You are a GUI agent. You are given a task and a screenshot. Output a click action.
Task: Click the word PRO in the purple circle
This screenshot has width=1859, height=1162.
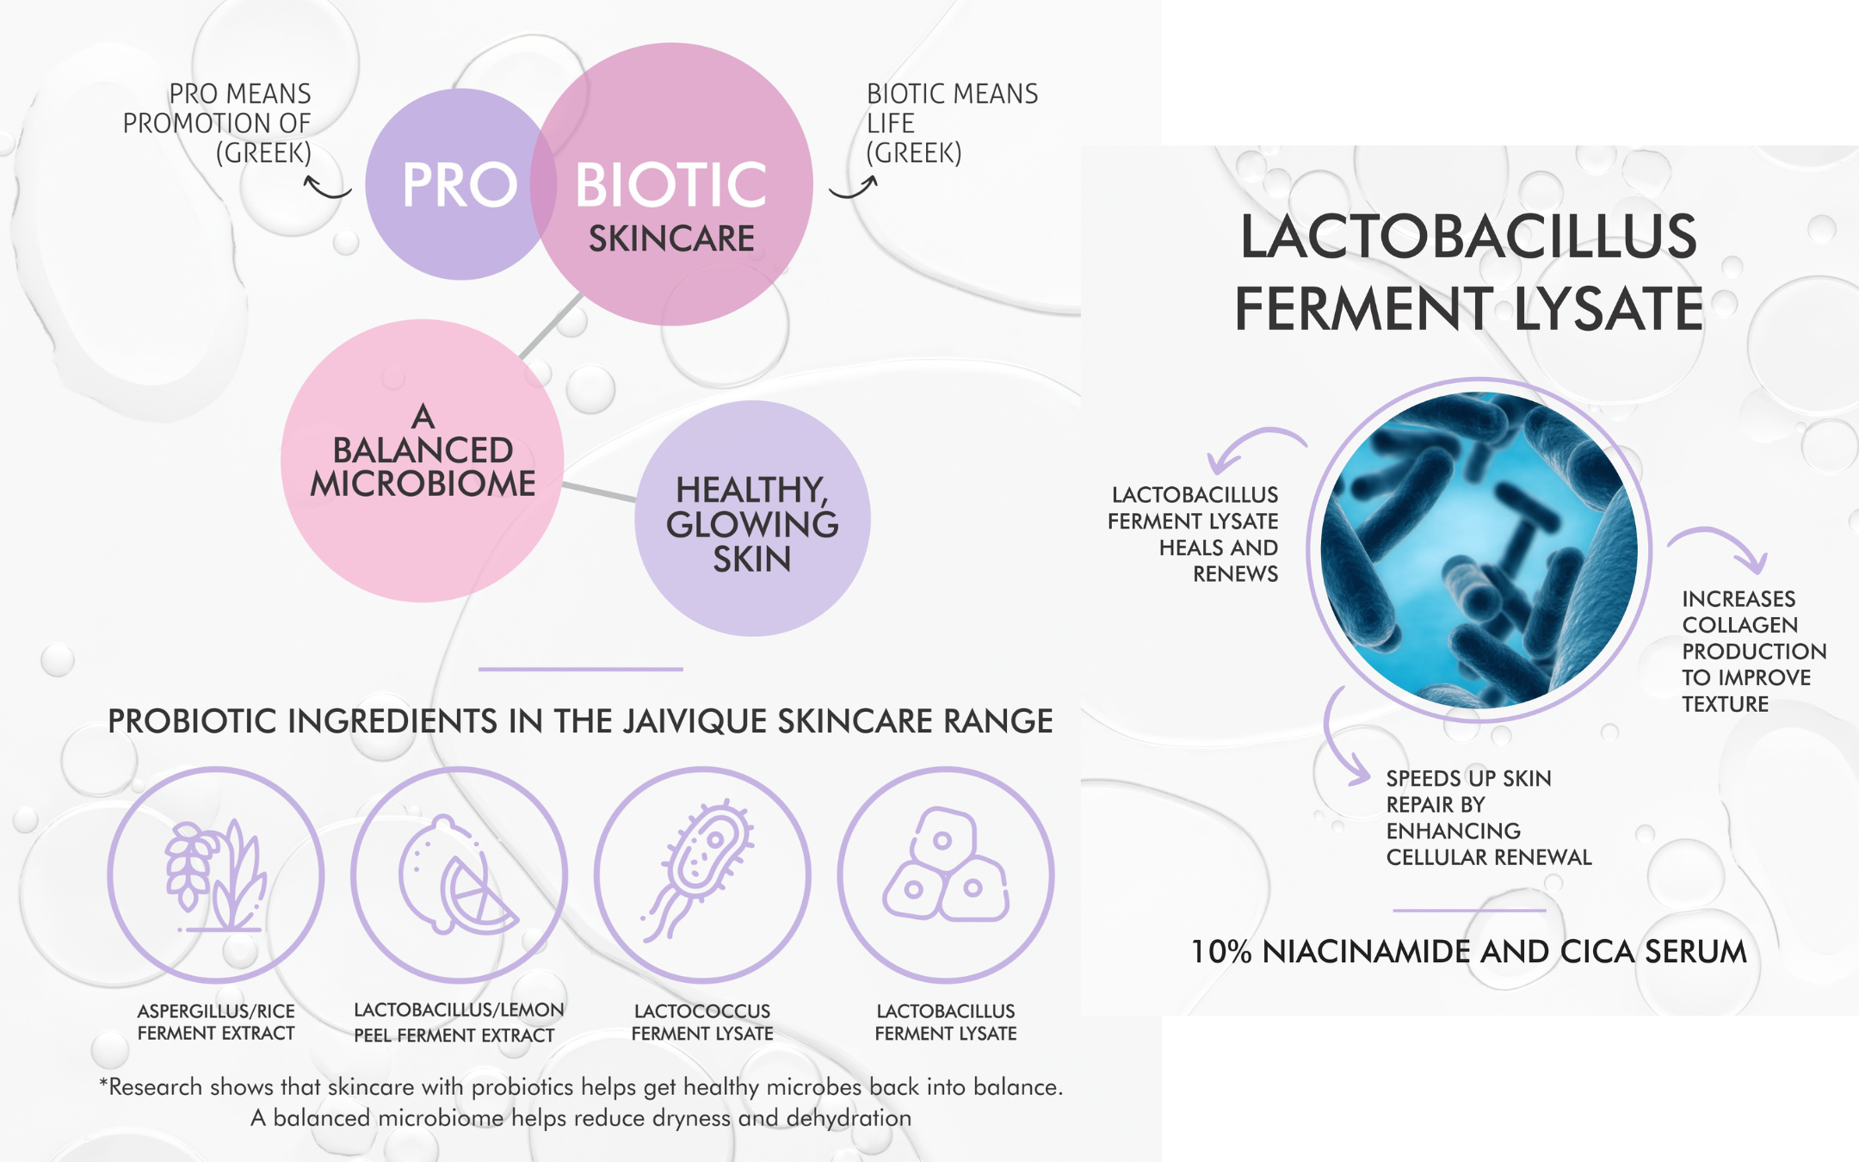460,185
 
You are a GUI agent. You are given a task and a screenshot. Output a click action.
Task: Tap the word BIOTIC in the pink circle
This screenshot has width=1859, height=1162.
670,185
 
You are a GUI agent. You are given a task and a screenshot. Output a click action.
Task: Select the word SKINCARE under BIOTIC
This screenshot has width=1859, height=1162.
671,238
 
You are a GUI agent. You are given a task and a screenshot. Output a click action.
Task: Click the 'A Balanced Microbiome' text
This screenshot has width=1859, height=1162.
423,451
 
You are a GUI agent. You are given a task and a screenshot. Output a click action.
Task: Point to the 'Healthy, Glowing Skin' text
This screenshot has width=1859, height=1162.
752,524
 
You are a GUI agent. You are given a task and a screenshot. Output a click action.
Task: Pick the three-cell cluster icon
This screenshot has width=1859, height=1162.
945,865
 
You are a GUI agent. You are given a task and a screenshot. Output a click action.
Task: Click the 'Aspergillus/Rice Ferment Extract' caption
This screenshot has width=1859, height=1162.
216,1022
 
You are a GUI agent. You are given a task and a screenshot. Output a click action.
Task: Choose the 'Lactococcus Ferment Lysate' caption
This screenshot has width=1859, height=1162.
702,1022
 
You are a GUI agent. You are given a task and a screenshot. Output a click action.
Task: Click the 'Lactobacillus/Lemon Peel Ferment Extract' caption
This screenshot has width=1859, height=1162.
459,1022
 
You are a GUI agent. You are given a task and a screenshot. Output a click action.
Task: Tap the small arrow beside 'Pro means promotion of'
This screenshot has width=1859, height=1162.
327,187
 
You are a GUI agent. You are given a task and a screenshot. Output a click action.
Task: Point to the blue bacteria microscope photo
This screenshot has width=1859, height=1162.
1479,550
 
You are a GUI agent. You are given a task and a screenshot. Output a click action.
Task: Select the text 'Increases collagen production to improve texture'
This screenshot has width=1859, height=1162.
1754,651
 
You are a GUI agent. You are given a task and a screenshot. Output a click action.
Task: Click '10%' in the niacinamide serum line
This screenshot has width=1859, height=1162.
1221,951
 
